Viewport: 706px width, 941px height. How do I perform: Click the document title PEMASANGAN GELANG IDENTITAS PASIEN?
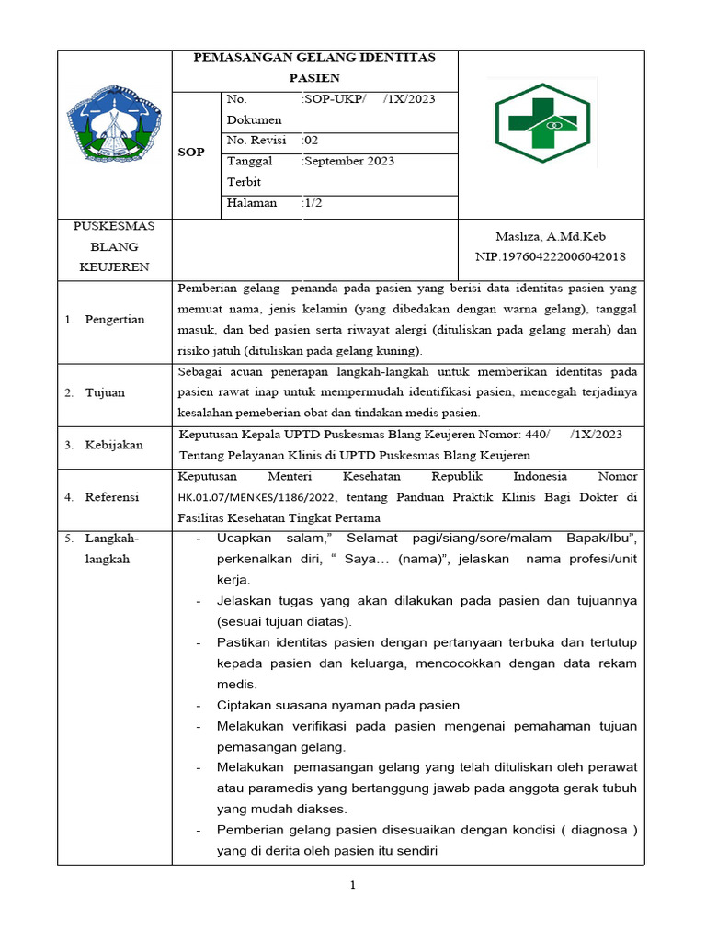313,67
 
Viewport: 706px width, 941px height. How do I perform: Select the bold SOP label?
190,152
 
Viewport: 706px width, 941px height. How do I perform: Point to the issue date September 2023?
349,162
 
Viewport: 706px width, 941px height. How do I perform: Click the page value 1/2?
313,203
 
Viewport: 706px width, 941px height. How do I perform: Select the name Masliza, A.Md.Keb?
550,236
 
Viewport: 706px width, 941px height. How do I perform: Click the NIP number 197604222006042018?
550,256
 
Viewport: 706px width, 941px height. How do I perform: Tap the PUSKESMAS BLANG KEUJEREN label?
114,246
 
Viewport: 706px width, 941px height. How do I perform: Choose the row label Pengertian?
114,320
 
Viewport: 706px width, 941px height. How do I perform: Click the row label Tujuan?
105,392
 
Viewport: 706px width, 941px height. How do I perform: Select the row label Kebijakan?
114,445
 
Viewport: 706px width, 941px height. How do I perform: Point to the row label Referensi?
112,497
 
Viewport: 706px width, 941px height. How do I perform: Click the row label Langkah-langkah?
108,548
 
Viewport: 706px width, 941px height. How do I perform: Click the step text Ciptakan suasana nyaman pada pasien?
340,705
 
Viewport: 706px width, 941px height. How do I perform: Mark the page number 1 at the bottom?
351,886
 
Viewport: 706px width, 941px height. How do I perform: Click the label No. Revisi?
256,141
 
